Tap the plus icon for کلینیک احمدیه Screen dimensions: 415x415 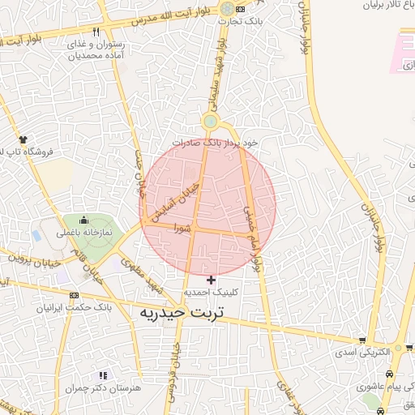pyautogui.click(x=212, y=280)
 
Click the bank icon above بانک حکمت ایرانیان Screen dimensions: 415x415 pyautogui.click(x=75, y=295)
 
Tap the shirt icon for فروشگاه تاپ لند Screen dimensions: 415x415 pyautogui.click(x=23, y=139)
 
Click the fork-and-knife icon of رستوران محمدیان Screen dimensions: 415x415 pyautogui.click(x=96, y=32)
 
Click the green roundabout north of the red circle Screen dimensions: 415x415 pyautogui.click(x=211, y=122)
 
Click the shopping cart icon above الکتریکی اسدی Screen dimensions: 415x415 pyautogui.click(x=362, y=341)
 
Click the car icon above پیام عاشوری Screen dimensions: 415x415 pyautogui.click(x=391, y=374)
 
